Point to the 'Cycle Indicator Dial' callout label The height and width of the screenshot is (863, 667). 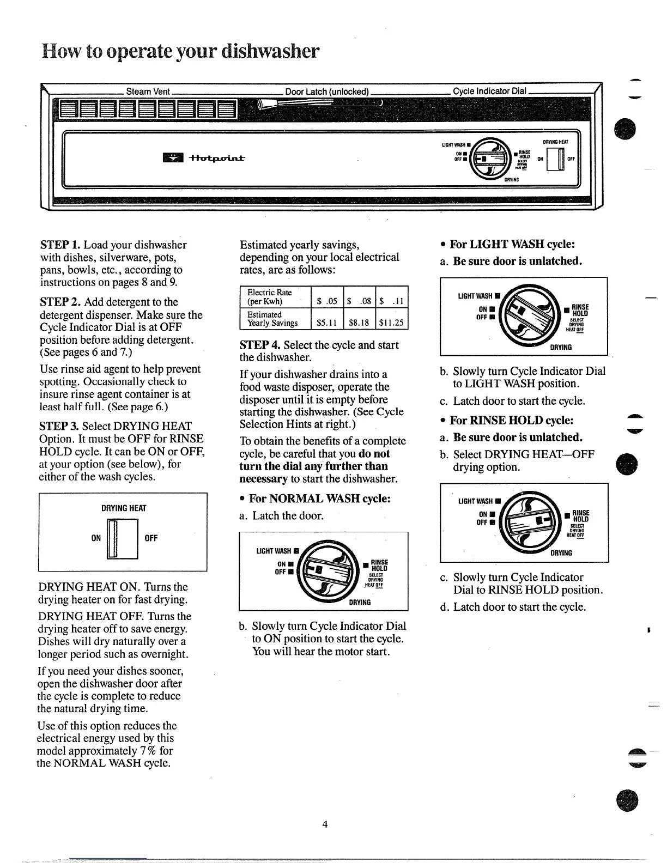pos(488,91)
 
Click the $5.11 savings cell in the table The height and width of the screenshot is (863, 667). pos(327,323)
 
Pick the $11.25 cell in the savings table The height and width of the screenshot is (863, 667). pos(392,323)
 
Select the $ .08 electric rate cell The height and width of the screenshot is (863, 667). pos(360,301)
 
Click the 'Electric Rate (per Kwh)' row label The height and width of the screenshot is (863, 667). pos(270,297)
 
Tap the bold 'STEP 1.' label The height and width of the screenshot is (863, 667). pos(60,245)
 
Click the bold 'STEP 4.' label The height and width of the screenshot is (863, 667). pos(260,345)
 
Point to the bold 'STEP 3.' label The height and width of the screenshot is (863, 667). pos(59,427)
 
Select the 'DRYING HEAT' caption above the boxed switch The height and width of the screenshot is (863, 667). pos(124,508)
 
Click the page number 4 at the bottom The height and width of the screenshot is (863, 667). pos(325,824)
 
